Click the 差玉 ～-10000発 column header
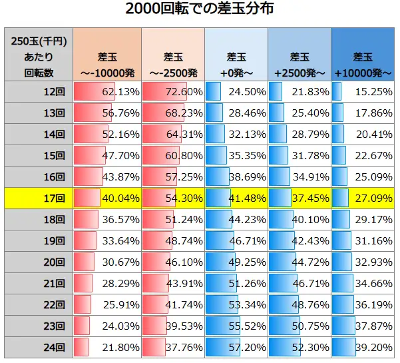click(x=106, y=56)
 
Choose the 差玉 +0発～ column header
click(x=236, y=56)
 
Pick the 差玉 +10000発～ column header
click(x=363, y=56)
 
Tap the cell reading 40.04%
click(x=106, y=198)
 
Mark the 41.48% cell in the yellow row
click(x=236, y=198)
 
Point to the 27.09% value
click(x=363, y=198)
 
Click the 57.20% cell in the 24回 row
click(x=236, y=347)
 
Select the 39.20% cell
click(x=363, y=347)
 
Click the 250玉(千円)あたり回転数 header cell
click(x=39, y=56)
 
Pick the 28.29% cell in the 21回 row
click(x=106, y=283)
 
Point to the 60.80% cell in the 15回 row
click(x=172, y=156)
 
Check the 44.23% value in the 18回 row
click(x=236, y=219)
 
